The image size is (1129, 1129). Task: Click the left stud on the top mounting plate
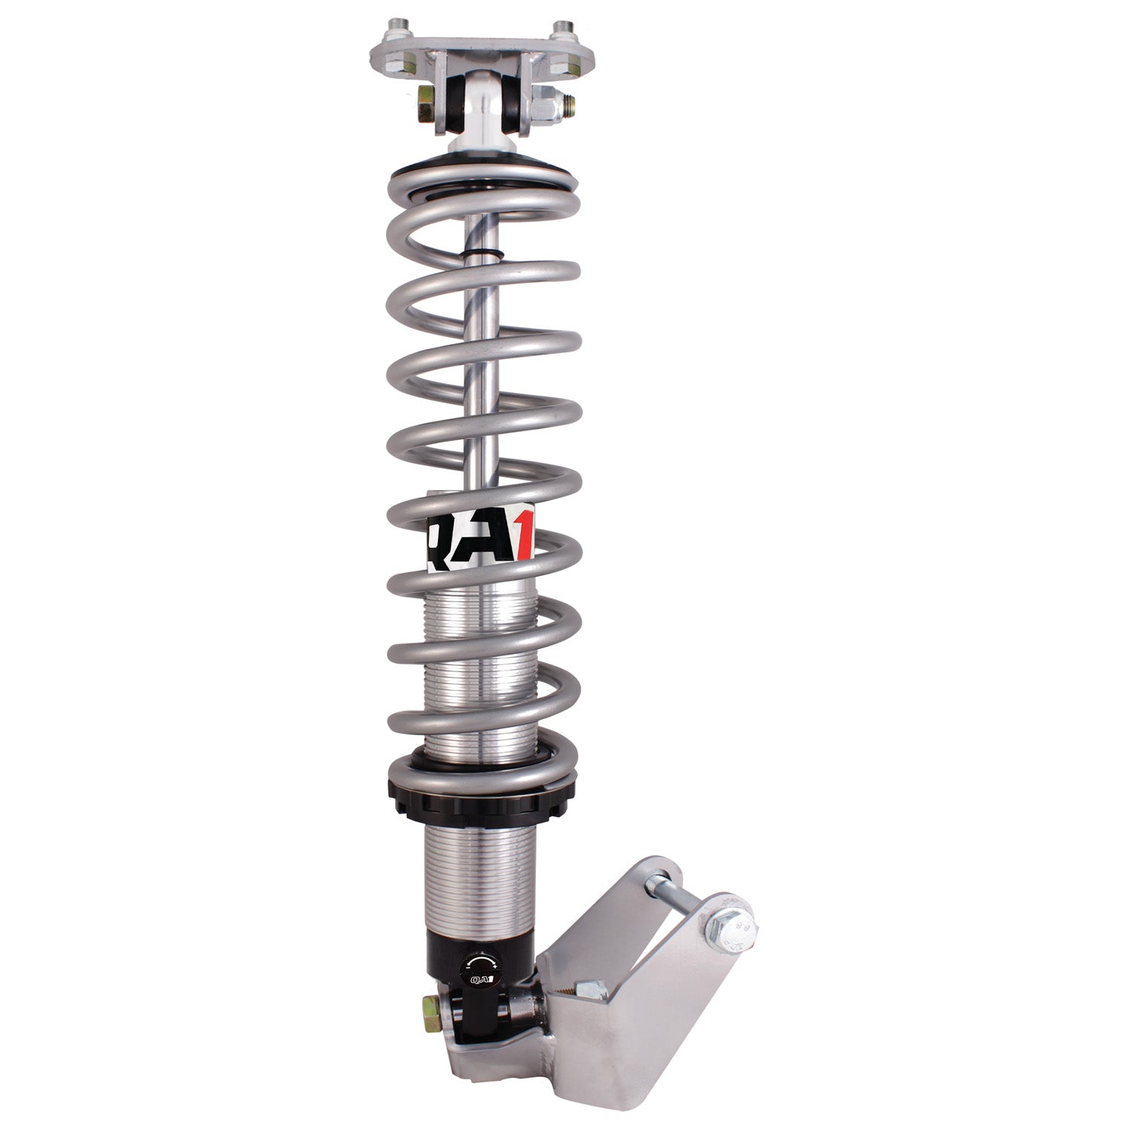click(x=393, y=34)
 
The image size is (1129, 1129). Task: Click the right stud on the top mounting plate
click(x=560, y=34)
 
